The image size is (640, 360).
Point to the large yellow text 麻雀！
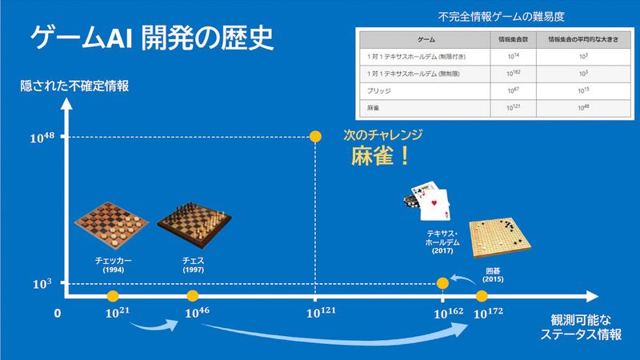pos(382,154)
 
